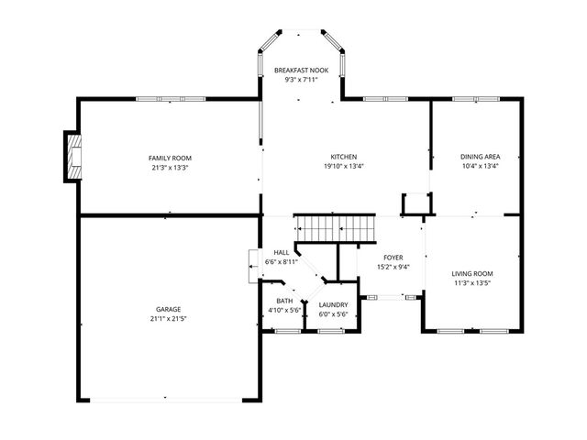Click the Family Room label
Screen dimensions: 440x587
click(169, 157)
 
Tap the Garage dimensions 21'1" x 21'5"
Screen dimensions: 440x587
click(168, 319)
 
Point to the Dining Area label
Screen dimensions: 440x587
click(479, 157)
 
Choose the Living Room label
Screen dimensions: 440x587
click(472, 274)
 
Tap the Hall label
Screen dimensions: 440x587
click(281, 252)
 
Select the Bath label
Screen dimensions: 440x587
click(284, 301)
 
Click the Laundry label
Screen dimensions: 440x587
click(333, 304)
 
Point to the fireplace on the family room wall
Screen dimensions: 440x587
click(72, 157)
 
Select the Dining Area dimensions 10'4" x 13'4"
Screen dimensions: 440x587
click(479, 167)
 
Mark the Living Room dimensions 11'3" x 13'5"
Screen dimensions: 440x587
click(472, 284)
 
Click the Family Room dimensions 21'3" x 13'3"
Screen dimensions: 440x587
click(169, 167)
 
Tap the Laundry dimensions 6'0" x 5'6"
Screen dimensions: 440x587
click(333, 314)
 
